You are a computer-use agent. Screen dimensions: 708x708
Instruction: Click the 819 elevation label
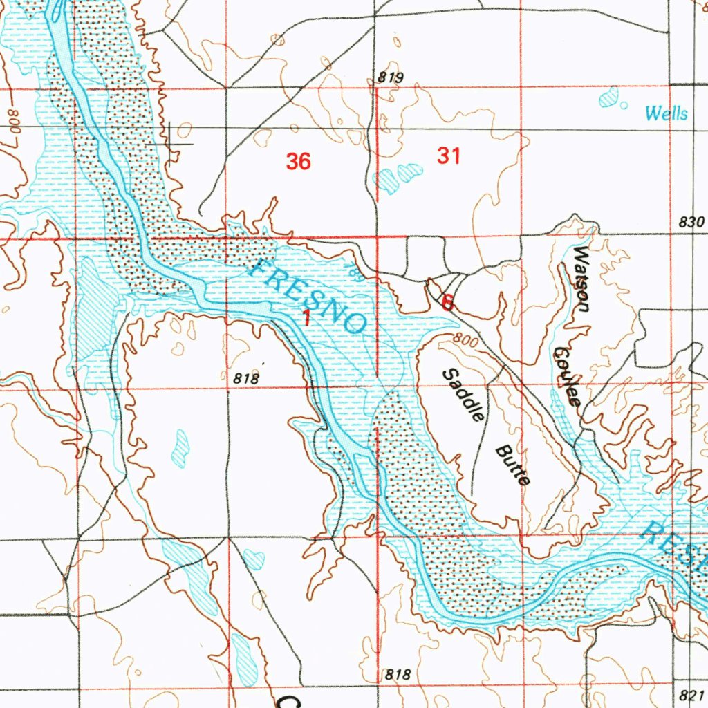pos(391,77)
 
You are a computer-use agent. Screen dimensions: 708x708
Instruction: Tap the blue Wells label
pos(667,113)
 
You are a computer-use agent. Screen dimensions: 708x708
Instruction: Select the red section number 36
pos(298,162)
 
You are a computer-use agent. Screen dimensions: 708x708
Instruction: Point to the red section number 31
pos(449,156)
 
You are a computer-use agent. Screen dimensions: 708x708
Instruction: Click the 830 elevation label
pos(691,223)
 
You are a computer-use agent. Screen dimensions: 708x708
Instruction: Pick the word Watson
pos(581,279)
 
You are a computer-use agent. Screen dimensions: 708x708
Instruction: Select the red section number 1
pos(306,318)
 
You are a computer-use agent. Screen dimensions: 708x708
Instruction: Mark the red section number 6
pos(447,301)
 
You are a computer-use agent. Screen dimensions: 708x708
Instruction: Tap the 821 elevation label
pos(690,693)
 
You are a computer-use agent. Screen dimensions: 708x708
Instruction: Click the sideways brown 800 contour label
pos(16,123)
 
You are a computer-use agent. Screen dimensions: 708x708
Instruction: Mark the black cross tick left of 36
pos(178,142)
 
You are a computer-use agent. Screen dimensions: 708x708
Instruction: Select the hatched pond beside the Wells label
pos(609,97)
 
